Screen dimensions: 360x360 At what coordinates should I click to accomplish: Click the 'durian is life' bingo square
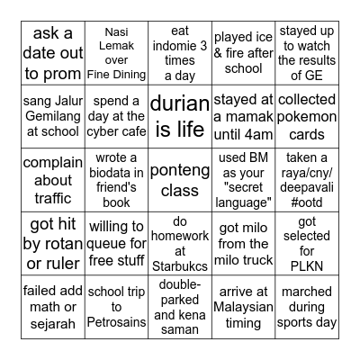click(177, 116)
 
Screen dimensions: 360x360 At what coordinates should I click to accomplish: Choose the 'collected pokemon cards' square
click(308, 115)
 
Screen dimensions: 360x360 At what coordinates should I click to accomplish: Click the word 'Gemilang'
click(49, 116)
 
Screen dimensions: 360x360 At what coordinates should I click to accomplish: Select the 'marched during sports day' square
click(308, 309)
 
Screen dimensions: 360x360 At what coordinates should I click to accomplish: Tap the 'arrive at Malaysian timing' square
click(243, 309)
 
